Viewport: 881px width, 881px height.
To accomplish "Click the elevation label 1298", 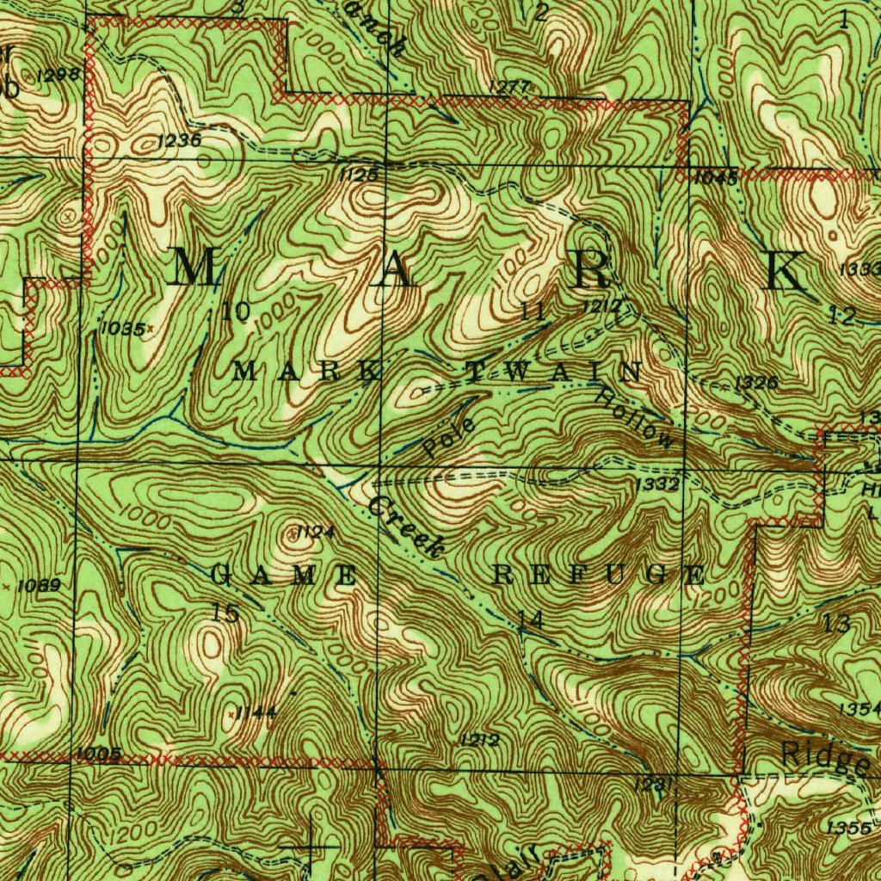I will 59,76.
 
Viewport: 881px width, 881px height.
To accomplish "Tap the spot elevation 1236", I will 180,140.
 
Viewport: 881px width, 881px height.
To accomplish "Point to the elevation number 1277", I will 508,87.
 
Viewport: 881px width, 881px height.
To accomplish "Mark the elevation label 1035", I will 121,328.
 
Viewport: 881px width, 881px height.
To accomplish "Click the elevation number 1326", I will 757,383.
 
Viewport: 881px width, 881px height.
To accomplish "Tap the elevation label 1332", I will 658,485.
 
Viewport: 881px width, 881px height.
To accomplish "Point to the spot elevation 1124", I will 314,533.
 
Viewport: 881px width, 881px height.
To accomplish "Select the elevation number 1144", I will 256,712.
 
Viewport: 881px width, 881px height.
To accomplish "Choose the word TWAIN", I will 553,373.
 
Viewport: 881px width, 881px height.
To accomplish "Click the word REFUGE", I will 599,576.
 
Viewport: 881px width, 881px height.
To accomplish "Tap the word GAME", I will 285,576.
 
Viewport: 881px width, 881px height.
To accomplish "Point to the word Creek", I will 406,524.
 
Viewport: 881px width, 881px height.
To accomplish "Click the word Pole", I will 449,438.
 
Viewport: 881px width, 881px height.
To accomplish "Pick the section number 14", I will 531,618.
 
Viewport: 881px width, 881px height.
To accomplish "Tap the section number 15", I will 225,613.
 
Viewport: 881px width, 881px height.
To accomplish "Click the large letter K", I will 786,271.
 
